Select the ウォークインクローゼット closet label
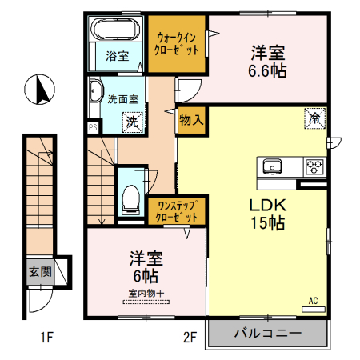(x=176, y=42)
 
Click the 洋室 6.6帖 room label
(x=268, y=62)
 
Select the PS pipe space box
(x=93, y=126)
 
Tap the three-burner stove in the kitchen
(x=314, y=166)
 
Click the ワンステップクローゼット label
(x=175, y=211)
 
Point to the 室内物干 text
(x=145, y=294)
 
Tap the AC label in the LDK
(x=314, y=301)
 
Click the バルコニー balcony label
(x=267, y=334)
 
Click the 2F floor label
(x=189, y=338)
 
